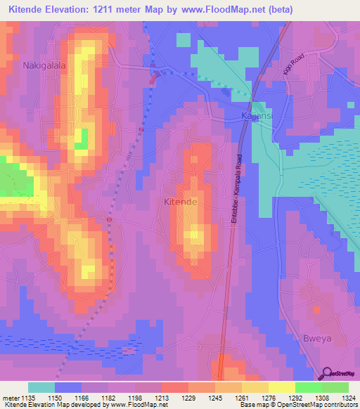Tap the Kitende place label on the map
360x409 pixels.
[180, 202]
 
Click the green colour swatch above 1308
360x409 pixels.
[309, 387]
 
